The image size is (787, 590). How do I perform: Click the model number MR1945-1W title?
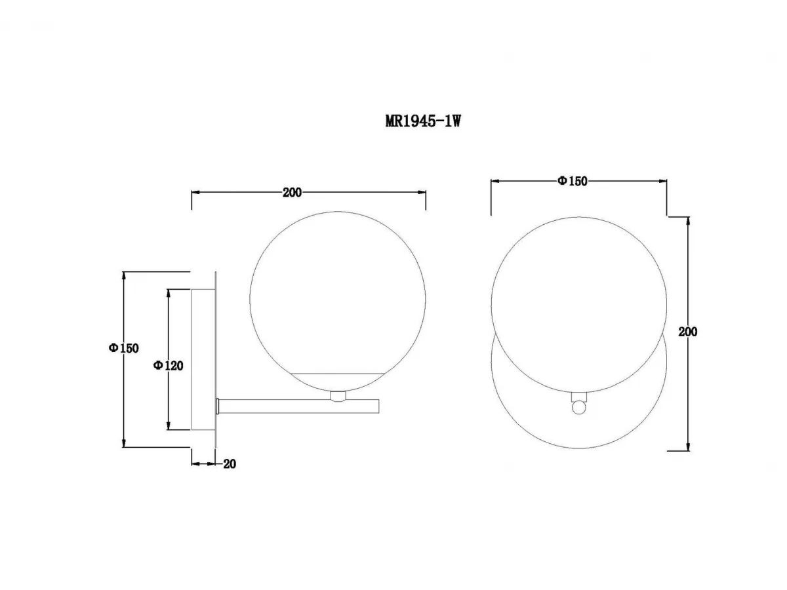tap(423, 121)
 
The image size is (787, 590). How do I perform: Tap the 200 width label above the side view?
tap(292, 193)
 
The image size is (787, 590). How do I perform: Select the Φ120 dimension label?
tap(168, 365)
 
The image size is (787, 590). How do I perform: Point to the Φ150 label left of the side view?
tap(124, 348)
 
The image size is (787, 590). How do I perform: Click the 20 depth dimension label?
tap(230, 464)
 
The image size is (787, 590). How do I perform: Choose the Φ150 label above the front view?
tap(573, 182)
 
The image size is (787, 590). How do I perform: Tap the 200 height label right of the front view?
tap(687, 332)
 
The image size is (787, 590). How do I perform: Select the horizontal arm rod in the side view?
tap(298, 406)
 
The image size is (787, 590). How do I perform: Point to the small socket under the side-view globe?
tap(338, 396)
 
